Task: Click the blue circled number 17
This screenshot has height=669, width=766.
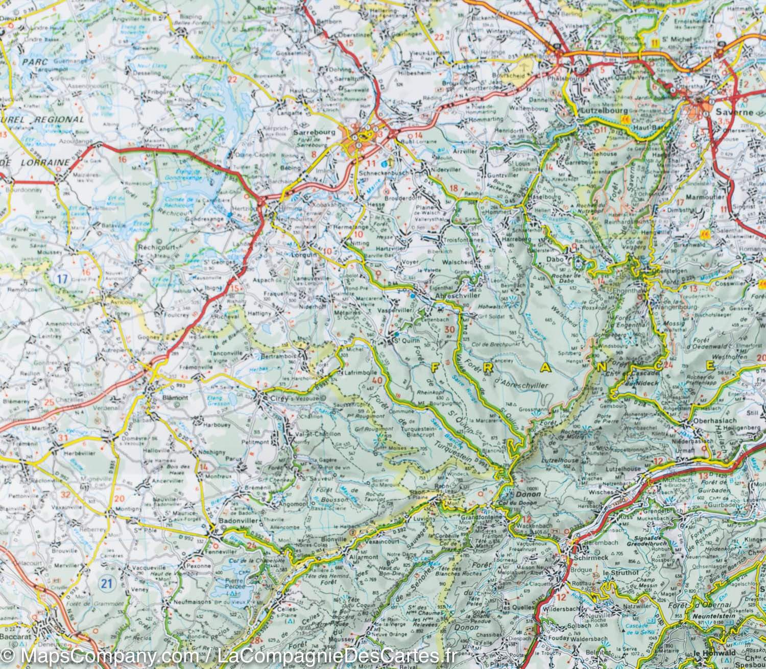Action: click(x=63, y=279)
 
